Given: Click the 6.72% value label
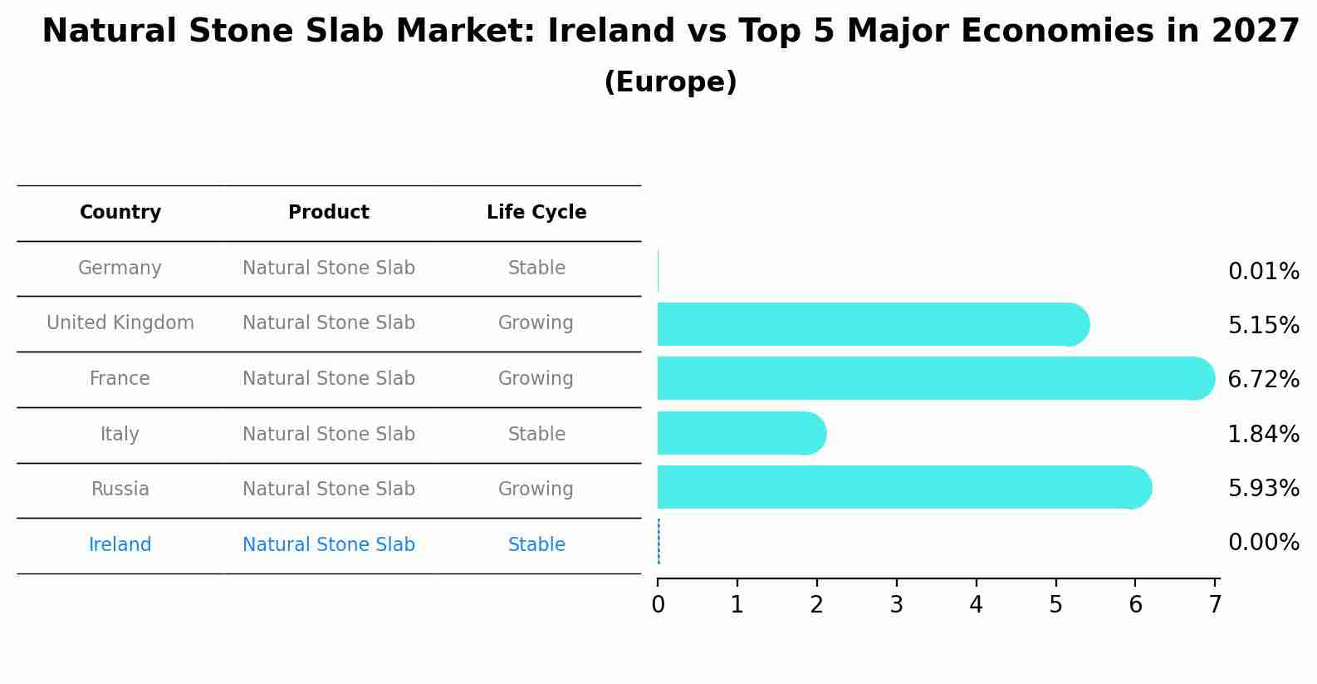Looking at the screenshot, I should pos(1262,380).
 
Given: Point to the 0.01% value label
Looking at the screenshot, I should pos(1262,272).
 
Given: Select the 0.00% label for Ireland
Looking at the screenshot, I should pos(1262,543).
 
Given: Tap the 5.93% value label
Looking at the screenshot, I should pos(1262,488).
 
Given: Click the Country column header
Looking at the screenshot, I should pos(120,213).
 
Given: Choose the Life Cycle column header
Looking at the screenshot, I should pos(536,213).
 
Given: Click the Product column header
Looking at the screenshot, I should pos(329,213).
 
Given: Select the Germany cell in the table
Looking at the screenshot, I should pos(120,268).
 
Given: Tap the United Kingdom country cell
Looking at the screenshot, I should pos(120,323).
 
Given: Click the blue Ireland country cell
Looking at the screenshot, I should pos(120,545).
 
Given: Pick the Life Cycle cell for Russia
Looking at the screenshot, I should pos(536,490).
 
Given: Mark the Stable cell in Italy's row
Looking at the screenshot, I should pos(536,435).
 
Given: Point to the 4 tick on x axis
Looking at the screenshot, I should pos(976,605).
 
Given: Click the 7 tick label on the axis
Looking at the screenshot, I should pos(1215,605).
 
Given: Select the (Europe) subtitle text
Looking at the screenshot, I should pos(670,82).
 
